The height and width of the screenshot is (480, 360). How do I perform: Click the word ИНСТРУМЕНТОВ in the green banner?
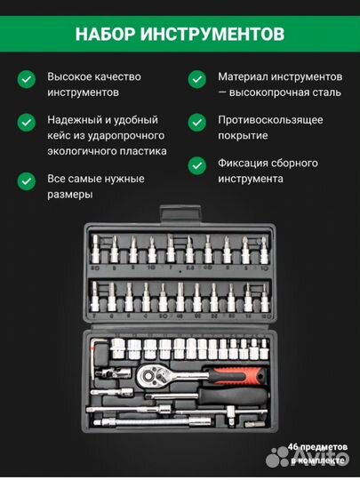pos(218,34)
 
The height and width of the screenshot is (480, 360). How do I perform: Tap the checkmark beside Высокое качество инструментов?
pos(28,78)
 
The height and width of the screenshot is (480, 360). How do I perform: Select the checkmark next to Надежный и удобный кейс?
pos(28,120)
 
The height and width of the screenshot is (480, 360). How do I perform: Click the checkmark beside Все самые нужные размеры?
pos(28,180)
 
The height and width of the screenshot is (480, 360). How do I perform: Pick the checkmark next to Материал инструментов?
pos(196,78)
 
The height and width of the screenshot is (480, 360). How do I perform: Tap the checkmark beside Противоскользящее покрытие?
pos(196,120)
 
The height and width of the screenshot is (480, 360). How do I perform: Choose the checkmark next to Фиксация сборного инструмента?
pos(196,164)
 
